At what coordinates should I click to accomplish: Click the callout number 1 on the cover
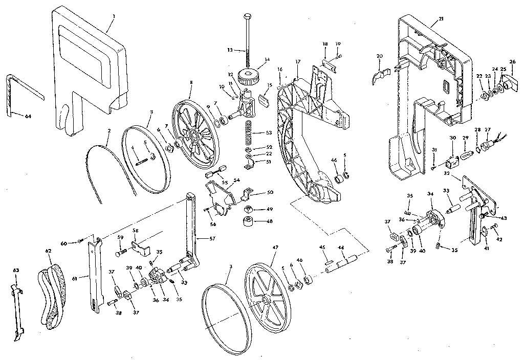tap(114, 16)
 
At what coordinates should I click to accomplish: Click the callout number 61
tap(75, 278)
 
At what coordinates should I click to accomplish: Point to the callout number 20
tap(379, 56)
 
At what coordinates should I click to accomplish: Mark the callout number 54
tap(236, 181)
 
